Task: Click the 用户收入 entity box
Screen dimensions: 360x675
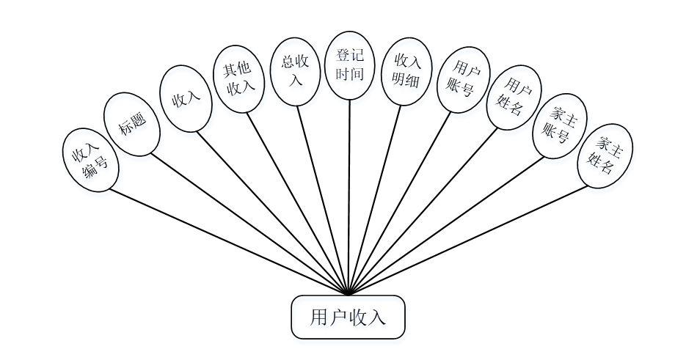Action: click(x=348, y=317)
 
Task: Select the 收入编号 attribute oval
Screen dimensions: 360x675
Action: click(x=91, y=160)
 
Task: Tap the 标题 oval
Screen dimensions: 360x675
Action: click(x=132, y=124)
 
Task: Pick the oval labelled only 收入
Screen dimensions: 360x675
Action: click(x=186, y=99)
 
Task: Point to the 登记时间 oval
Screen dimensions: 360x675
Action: click(x=350, y=65)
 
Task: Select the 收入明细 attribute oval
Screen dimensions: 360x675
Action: click(x=405, y=70)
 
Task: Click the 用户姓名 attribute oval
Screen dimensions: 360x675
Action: click(x=514, y=98)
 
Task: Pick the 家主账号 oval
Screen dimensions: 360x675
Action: click(x=560, y=125)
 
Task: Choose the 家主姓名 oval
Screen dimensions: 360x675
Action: click(x=605, y=156)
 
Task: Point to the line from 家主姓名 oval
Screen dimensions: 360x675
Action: click(x=470, y=239)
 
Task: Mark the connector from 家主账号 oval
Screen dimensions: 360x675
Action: click(x=448, y=224)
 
